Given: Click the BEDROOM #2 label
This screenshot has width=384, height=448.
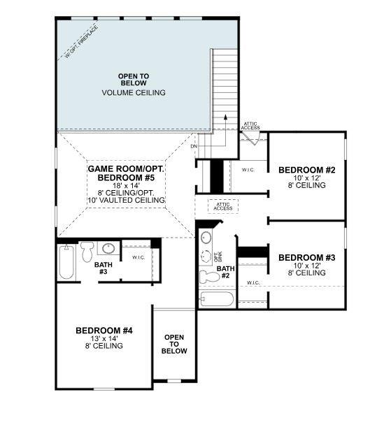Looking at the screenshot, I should [x=307, y=170].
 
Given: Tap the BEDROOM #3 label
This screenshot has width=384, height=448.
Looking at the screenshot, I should [x=307, y=258].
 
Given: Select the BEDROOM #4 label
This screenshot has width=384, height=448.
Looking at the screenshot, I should [x=104, y=330].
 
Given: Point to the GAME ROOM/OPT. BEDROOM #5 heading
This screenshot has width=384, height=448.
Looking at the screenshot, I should [x=126, y=174].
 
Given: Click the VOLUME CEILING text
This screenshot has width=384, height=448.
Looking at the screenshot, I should [x=133, y=92].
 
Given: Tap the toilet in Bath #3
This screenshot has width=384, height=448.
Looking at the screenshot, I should [x=87, y=250].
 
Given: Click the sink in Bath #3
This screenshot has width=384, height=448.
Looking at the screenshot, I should [x=108, y=247].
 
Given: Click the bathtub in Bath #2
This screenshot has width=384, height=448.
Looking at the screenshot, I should [x=217, y=301].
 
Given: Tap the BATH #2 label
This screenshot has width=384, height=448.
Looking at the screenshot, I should [x=225, y=272].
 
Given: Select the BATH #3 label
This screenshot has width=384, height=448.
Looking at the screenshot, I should [x=102, y=268].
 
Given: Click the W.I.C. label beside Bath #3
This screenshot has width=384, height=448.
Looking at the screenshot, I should [x=138, y=257].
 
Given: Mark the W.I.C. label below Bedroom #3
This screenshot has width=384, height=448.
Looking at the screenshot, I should [x=253, y=283].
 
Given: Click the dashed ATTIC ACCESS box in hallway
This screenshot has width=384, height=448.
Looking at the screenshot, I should [x=223, y=206].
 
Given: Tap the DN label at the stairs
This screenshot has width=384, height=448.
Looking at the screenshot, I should [x=194, y=146].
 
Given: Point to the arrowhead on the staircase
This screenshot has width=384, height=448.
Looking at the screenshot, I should [x=225, y=118].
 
